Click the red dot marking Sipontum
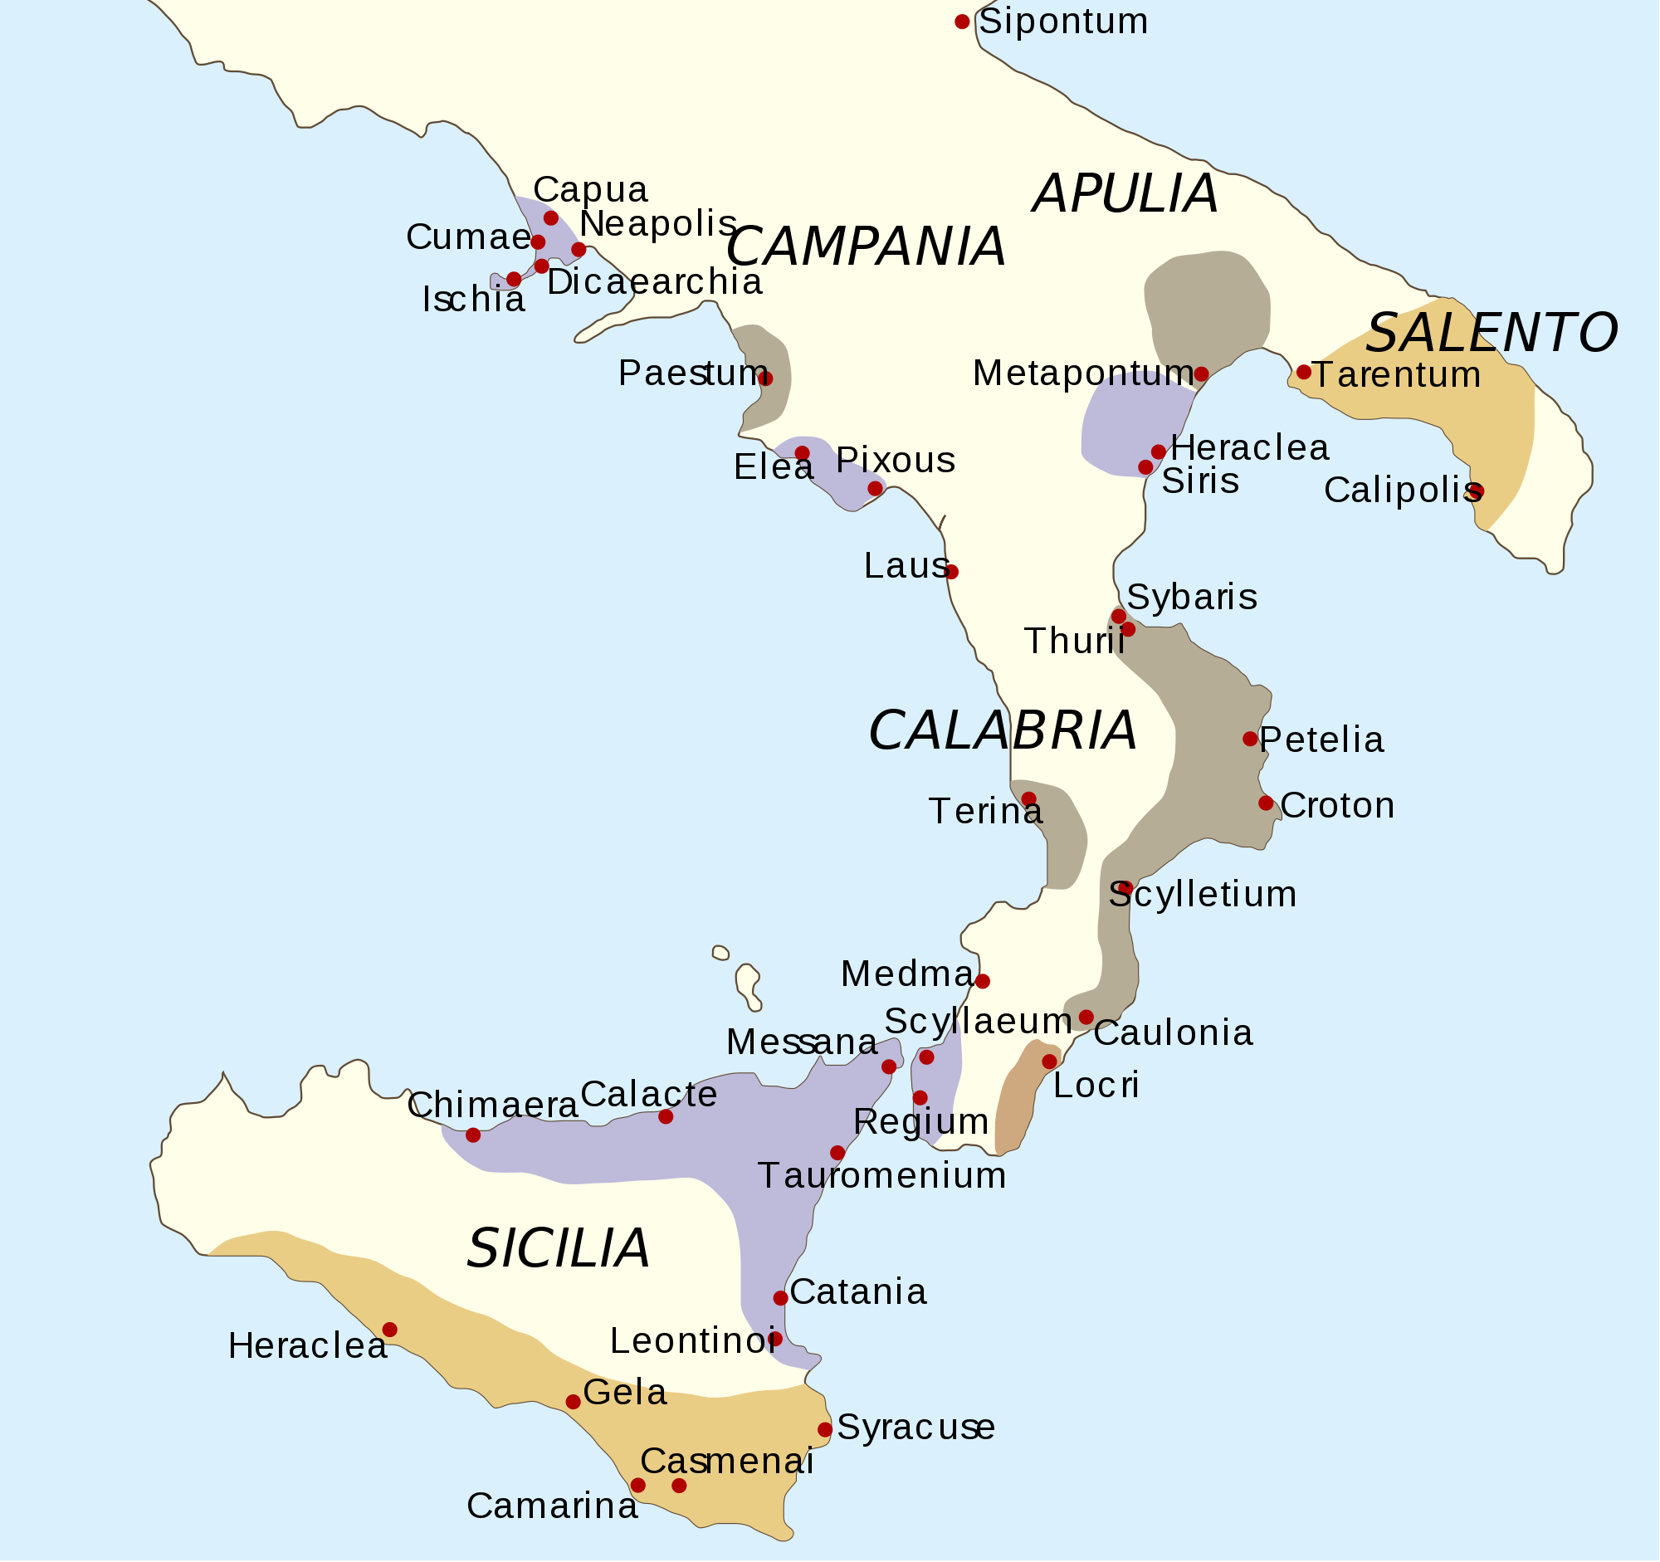pyautogui.click(x=962, y=22)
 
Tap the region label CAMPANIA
pyautogui.click(x=865, y=247)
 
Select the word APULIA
pyautogui.click(x=1125, y=193)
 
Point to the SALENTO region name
pyautogui.click(x=1492, y=332)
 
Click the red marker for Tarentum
pyautogui.click(x=1303, y=372)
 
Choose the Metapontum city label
pyautogui.click(x=1082, y=373)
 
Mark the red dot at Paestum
pyautogui.click(x=766, y=378)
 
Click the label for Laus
pyautogui.click(x=906, y=566)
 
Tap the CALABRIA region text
pyautogui.click(x=1002, y=730)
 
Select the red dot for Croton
pyautogui.click(x=1266, y=803)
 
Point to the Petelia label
pyautogui.click(x=1321, y=740)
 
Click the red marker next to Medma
pyautogui.click(x=983, y=981)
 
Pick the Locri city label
pyautogui.click(x=1096, y=1086)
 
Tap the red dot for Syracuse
pyautogui.click(x=825, y=1429)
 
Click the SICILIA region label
pyautogui.click(x=558, y=1249)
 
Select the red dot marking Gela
pyautogui.click(x=573, y=1402)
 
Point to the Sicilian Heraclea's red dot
pyautogui.click(x=390, y=1329)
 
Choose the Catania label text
pyautogui.click(x=858, y=1291)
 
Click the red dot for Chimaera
pyautogui.click(x=472, y=1135)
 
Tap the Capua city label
pyautogui.click(x=590, y=189)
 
